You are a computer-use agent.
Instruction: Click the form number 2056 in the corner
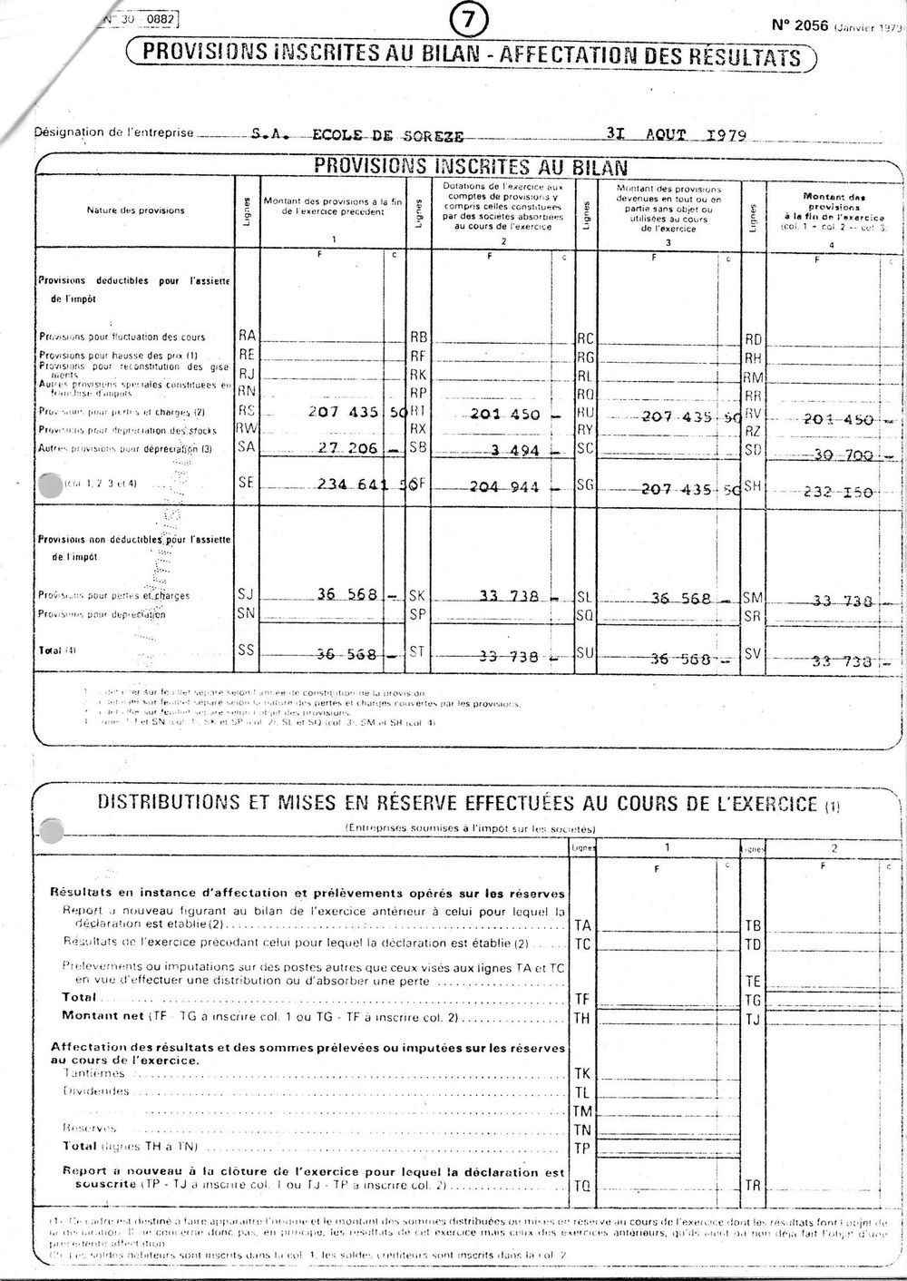800,25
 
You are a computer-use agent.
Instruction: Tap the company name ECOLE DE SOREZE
387,136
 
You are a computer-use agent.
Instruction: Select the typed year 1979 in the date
722,135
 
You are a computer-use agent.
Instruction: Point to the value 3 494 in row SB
512,450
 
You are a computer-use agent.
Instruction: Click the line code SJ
245,594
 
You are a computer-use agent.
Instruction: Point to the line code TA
582,925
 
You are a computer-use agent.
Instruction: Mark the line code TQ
582,1185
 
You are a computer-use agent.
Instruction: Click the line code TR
752,1185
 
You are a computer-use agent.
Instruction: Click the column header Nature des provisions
135,210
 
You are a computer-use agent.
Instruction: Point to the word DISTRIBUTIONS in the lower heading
166,802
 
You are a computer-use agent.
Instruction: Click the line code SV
753,652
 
